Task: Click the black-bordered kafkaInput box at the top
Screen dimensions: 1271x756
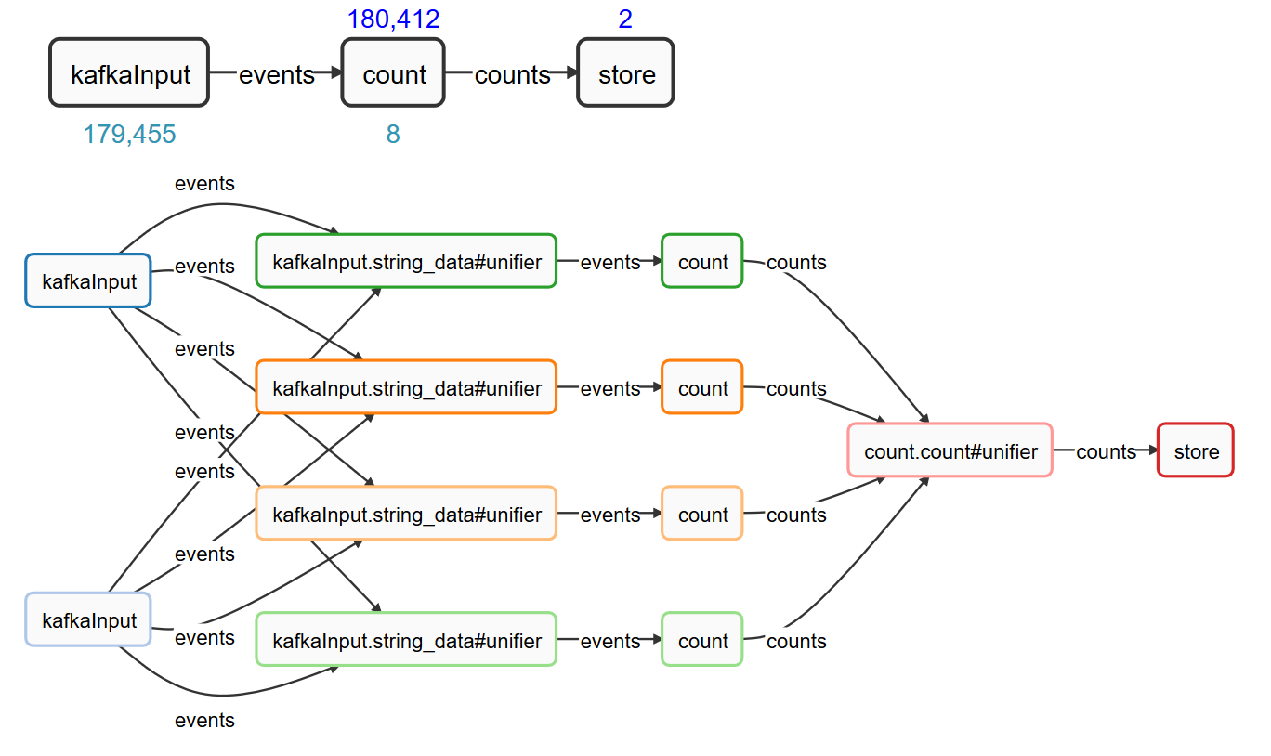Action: pos(129,72)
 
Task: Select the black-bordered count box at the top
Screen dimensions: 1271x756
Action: pos(393,72)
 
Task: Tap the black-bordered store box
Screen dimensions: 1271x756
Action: pos(626,72)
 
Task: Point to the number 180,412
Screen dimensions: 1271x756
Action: pos(393,20)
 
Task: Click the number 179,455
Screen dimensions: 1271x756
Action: pos(129,135)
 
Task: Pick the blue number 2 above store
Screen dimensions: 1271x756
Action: pos(625,20)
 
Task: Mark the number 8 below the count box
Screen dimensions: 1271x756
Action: pos(393,135)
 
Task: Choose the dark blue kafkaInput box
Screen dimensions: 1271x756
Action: pos(88,280)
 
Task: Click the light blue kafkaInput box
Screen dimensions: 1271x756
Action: pos(88,619)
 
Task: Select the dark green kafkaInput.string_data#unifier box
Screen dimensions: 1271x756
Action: pos(406,261)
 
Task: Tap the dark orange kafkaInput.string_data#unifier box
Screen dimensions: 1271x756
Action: pos(406,387)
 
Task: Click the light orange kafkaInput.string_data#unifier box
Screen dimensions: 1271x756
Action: pos(406,514)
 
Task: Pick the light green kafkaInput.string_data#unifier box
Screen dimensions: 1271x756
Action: pos(406,640)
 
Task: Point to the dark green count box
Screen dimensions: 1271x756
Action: pos(702,261)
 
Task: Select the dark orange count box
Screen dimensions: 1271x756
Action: pos(702,387)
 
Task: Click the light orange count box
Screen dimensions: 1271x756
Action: pos(702,514)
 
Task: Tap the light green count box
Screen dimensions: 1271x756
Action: pos(702,640)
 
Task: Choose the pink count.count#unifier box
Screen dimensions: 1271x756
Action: pos(950,450)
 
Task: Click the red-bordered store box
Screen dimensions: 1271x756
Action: pos(1196,450)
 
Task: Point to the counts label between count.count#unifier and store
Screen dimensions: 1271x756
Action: pos(1106,452)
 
